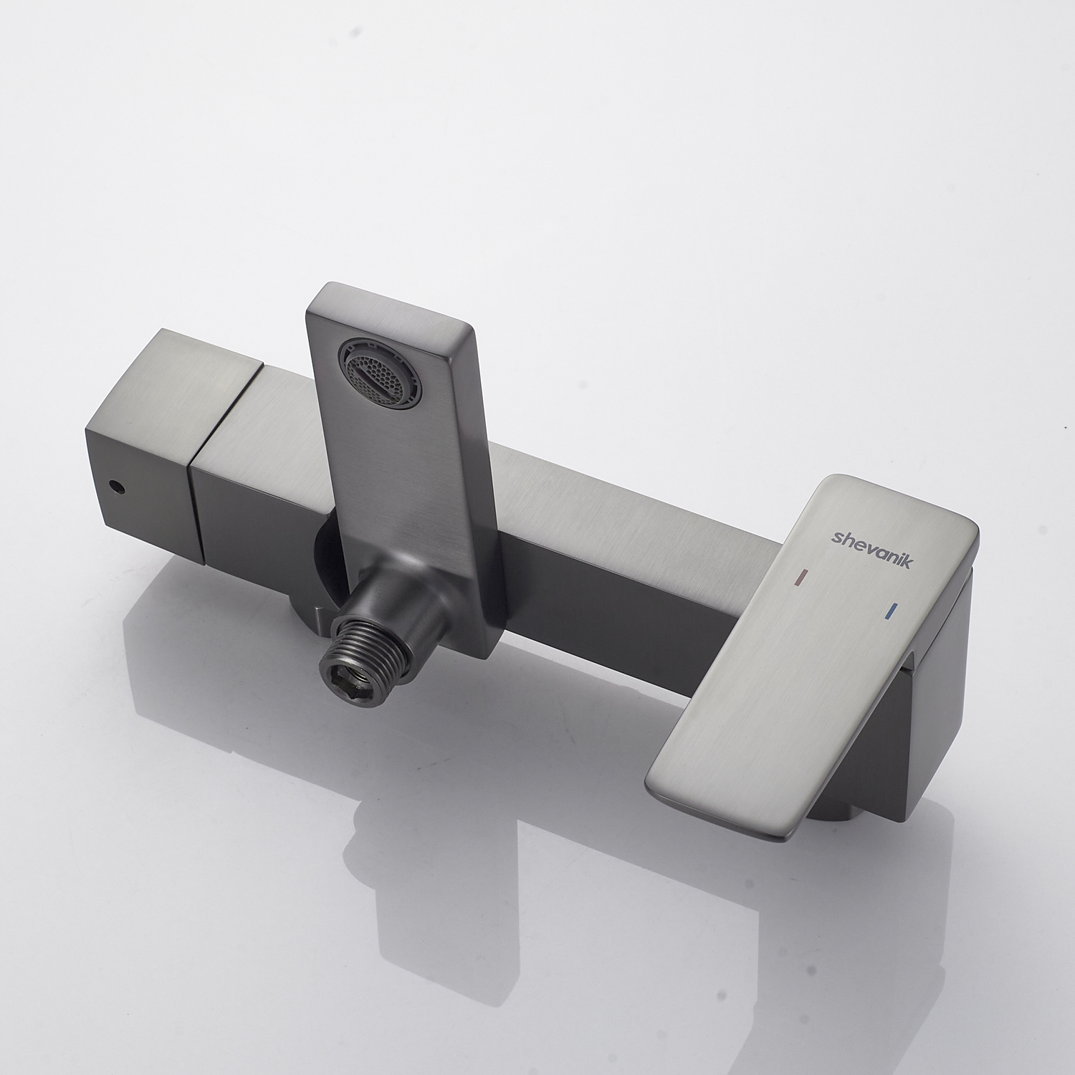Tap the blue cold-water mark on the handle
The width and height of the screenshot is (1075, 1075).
[891, 612]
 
